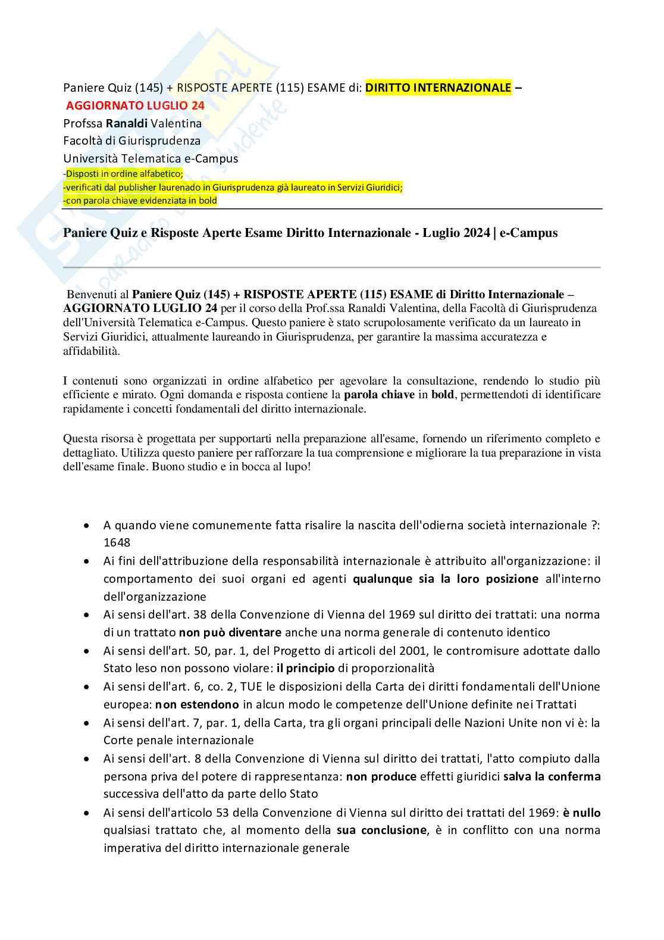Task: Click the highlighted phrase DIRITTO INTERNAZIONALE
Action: click(x=438, y=88)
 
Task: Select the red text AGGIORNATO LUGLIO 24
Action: click(x=135, y=106)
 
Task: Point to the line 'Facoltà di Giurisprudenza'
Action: click(x=131, y=141)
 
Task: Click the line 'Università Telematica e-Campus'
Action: click(x=151, y=158)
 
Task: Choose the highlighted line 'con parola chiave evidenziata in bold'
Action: click(x=141, y=201)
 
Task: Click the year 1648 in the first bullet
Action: click(x=117, y=543)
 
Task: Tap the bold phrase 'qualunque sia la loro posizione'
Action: click(x=445, y=579)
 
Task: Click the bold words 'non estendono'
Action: click(x=197, y=704)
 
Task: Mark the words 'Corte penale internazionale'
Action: click(x=178, y=740)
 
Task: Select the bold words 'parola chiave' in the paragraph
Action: click(x=379, y=395)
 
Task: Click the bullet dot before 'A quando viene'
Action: click(x=87, y=526)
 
